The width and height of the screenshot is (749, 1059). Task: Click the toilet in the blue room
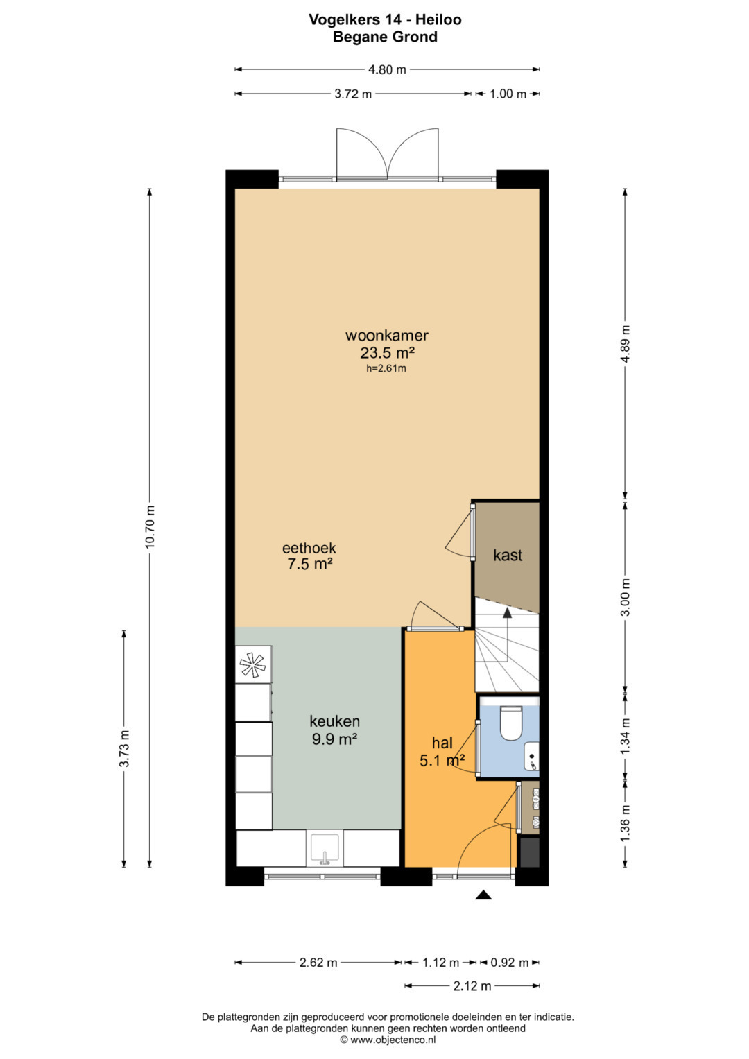point(510,723)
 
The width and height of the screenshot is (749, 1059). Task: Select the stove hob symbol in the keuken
point(253,664)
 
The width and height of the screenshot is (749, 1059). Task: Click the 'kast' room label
point(508,555)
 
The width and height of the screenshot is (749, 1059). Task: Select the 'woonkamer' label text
point(387,335)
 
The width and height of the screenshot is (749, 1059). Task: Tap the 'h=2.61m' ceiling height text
point(386,369)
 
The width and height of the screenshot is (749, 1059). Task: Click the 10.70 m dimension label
point(150,526)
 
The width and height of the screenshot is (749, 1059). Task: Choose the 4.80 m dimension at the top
point(387,69)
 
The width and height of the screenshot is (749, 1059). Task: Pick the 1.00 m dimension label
point(508,94)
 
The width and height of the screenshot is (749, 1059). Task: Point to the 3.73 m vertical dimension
point(124,749)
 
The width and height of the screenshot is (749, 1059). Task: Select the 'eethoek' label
point(309,548)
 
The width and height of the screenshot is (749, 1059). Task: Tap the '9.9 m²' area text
point(334,739)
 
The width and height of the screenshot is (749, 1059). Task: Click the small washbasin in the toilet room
point(531,757)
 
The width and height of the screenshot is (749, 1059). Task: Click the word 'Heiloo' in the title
point(439,19)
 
